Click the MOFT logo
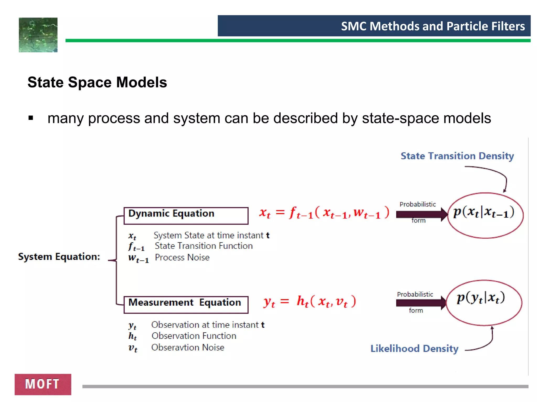pos(43,384)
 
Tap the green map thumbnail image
pos(38,35)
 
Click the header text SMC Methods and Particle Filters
pos(433,26)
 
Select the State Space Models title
pos(97,82)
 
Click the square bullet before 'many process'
pos(31,118)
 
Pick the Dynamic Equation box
pos(186,216)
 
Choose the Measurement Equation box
pos(186,305)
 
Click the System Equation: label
pos(59,256)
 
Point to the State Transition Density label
pos(457,156)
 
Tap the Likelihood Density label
pos(414,349)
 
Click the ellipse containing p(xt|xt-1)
pos(485,215)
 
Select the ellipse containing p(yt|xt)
pos(484,303)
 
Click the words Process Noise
pos(182,258)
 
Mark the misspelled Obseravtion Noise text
pos(188,348)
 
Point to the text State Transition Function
pos(204,246)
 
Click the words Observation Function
pos(194,336)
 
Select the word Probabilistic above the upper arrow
pos(417,204)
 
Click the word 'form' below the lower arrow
pos(416,311)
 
